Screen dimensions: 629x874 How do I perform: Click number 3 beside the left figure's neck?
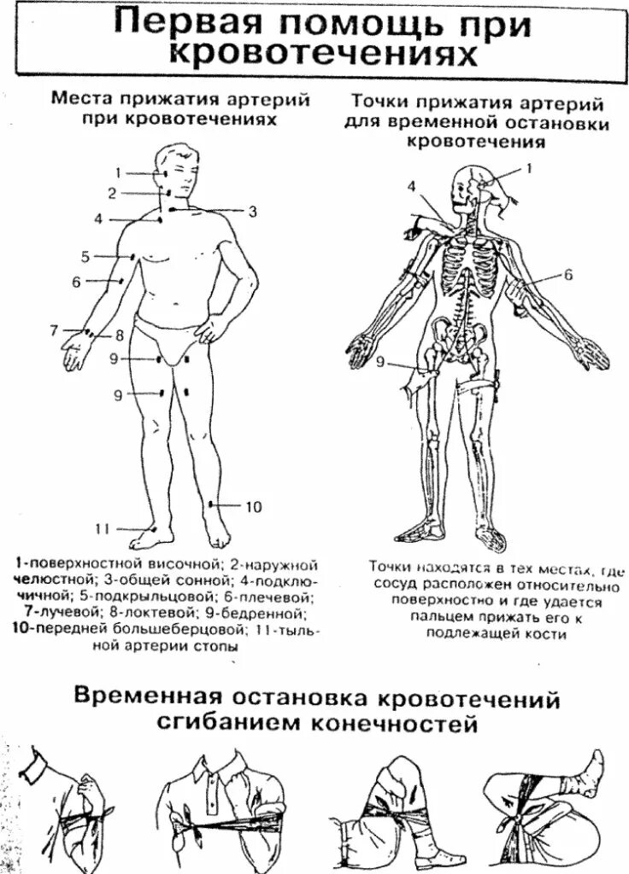(252, 211)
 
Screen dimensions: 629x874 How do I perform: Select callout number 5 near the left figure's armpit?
(85, 255)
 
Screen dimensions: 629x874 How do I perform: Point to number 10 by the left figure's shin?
(254, 507)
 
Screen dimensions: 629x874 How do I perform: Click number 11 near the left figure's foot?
(103, 528)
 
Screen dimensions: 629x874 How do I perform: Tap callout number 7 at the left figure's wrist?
(54, 329)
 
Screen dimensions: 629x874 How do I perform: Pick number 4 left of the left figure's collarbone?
(98, 219)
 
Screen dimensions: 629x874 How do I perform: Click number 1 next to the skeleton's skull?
(528, 168)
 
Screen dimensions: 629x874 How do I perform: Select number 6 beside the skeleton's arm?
(567, 274)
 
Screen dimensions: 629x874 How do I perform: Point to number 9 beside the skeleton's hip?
(381, 362)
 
